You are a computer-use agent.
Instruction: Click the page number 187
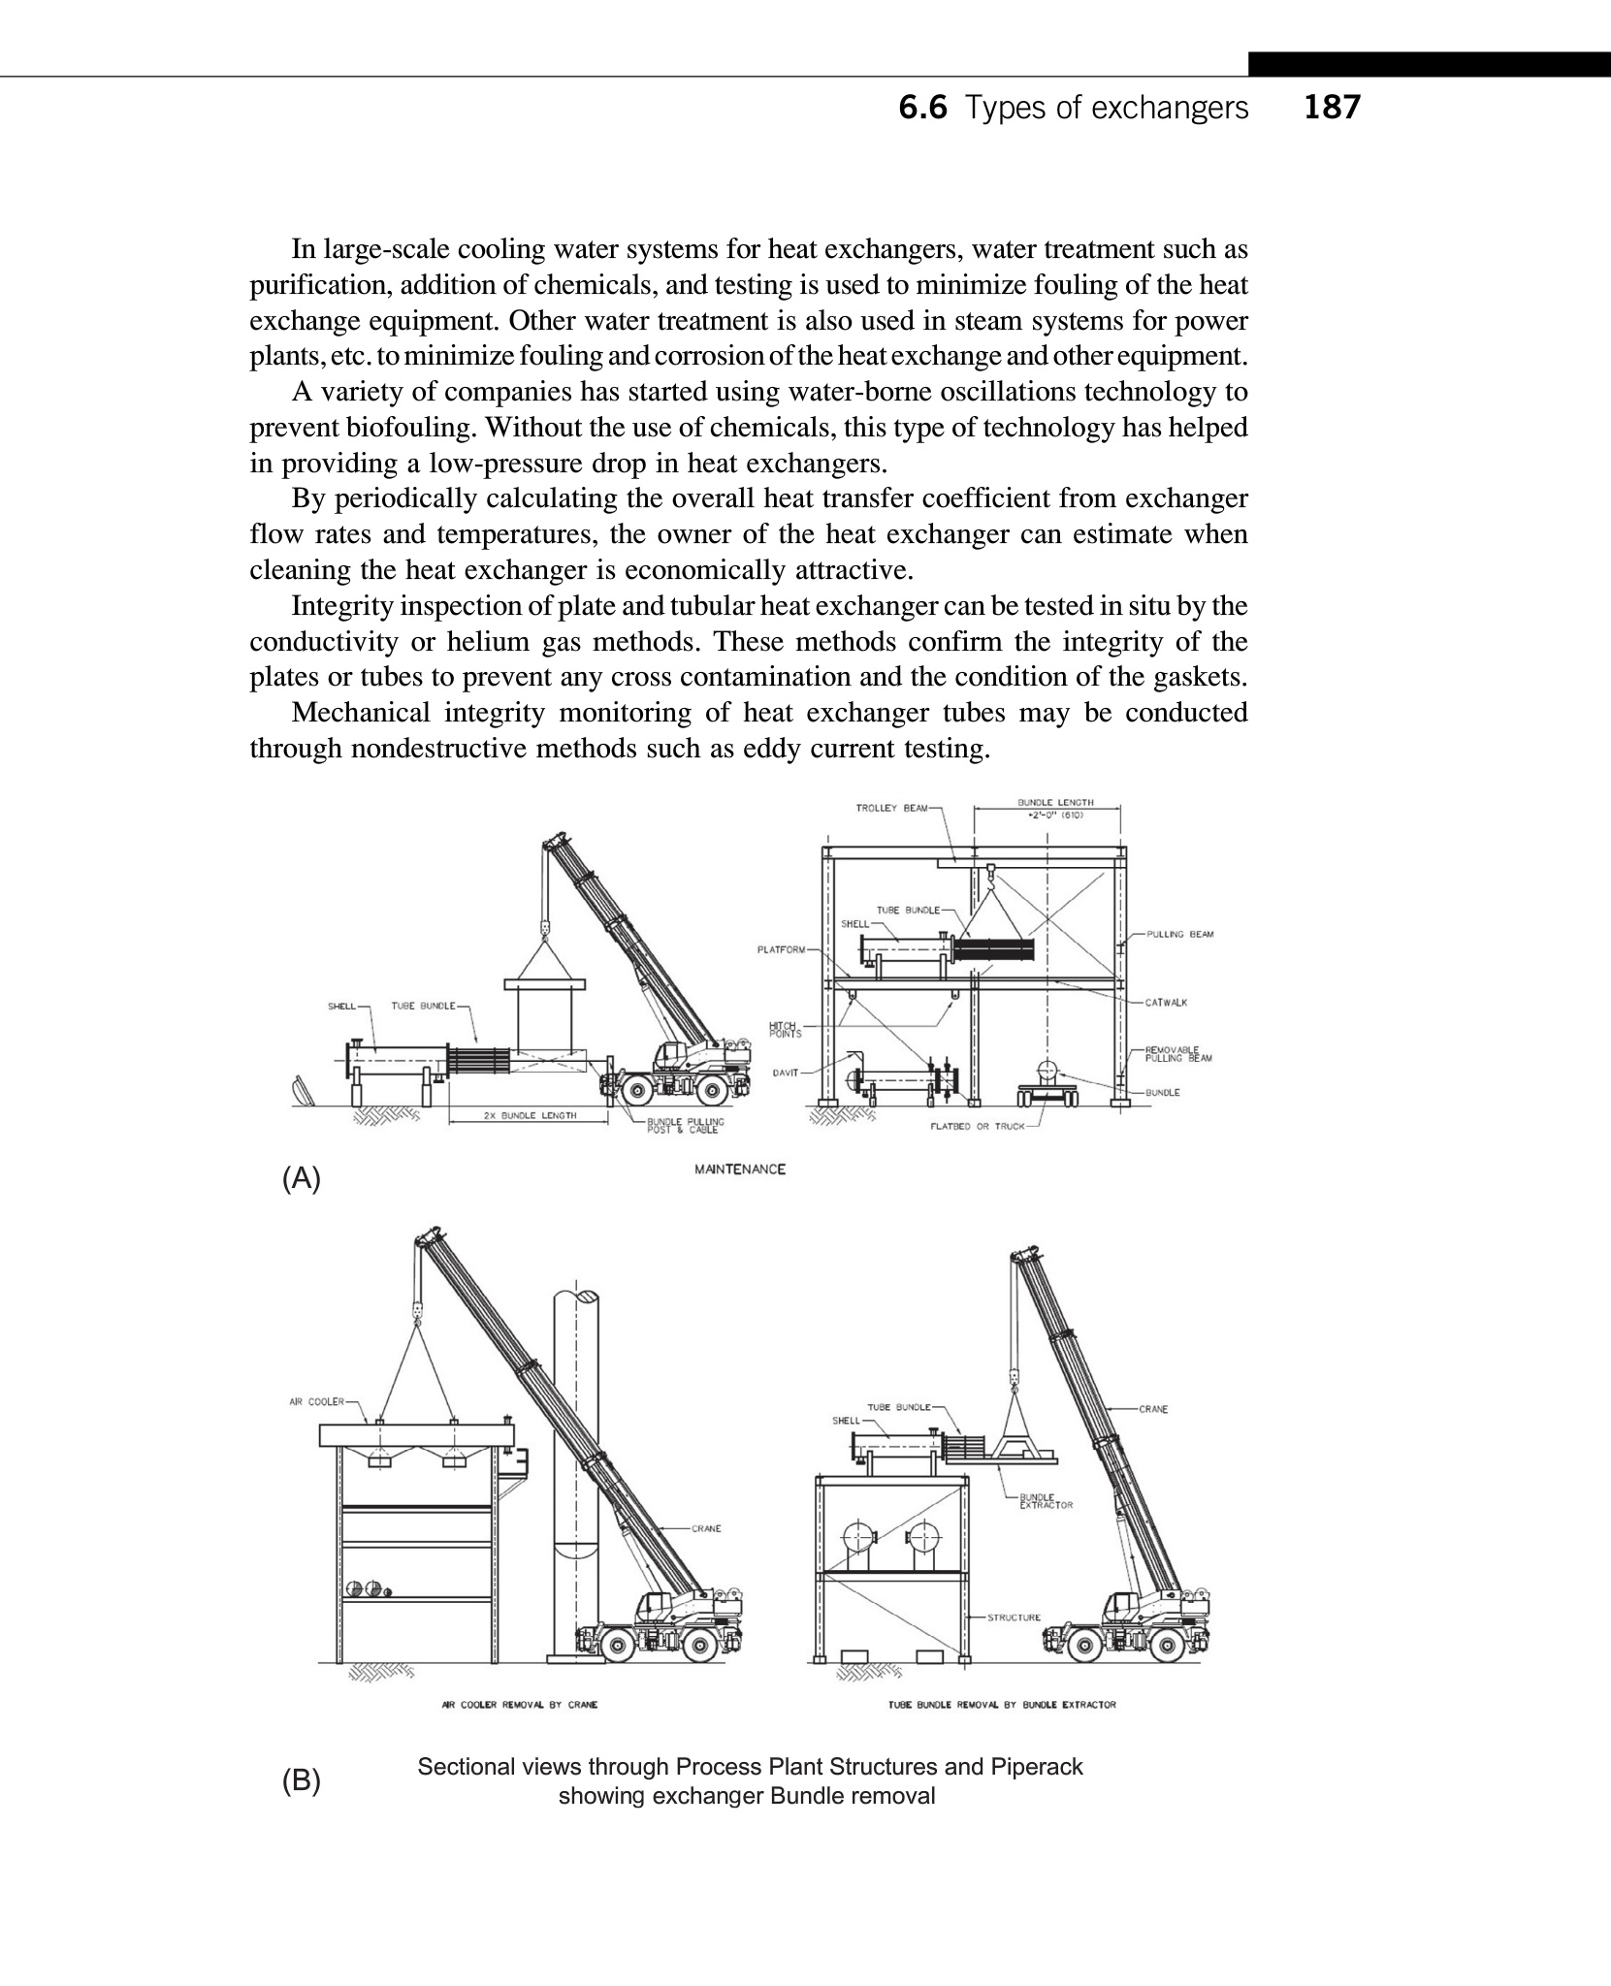(1332, 108)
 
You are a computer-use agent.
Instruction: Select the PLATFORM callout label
(781, 949)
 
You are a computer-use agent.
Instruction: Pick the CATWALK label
(1166, 1003)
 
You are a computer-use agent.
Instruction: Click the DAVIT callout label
(785, 1073)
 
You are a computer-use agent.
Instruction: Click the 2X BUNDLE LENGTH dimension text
(530, 1115)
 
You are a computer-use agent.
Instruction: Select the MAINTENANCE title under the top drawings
(740, 1169)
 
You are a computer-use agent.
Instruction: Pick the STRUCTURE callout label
(1014, 1618)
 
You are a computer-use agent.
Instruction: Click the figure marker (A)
(301, 1179)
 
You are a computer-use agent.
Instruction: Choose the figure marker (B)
(301, 1781)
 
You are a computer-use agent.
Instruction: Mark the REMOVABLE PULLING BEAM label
(1177, 1054)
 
